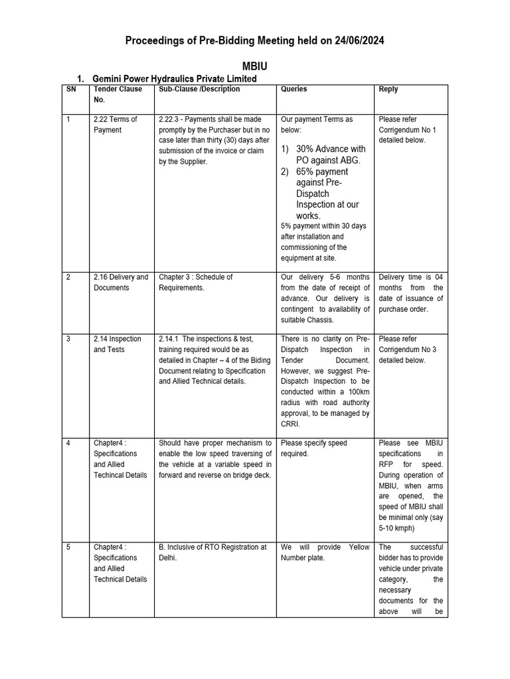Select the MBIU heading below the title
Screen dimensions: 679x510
(255, 67)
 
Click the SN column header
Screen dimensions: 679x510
(71, 89)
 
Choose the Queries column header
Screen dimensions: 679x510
(294, 89)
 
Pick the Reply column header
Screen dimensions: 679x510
(389, 89)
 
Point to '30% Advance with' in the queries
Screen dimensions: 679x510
(331, 149)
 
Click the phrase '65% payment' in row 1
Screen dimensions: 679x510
(322, 172)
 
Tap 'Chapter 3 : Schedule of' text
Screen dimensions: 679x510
(196, 277)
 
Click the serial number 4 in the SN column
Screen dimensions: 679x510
(68, 443)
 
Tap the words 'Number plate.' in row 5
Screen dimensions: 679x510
(303, 558)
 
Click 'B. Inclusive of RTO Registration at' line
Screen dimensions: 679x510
(212, 547)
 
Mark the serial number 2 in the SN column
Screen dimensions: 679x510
(68, 277)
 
